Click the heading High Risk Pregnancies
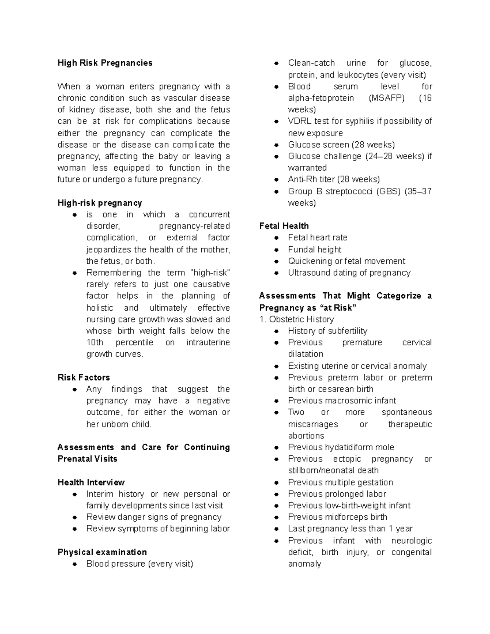click(x=105, y=63)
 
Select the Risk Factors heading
click(x=84, y=378)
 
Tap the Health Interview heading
click(x=91, y=483)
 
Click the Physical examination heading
click(x=102, y=552)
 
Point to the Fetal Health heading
click(x=284, y=226)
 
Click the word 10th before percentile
click(x=95, y=343)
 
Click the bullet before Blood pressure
click(x=75, y=564)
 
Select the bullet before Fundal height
click(x=276, y=250)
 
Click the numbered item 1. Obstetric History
click(x=296, y=320)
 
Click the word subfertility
click(x=347, y=331)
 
